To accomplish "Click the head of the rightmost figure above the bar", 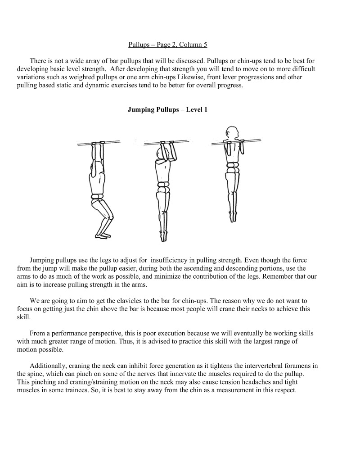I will point(232,133).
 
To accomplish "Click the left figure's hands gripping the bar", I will point(98,145).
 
